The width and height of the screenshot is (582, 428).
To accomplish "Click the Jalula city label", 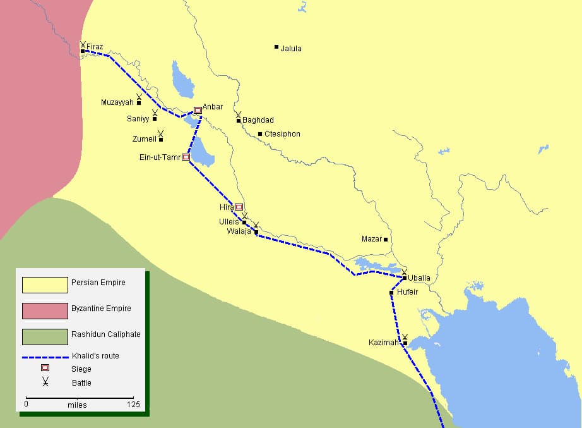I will click(291, 49).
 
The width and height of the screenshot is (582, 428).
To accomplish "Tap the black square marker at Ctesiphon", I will click(260, 134).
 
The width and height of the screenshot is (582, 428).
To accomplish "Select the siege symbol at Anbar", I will click(198, 110).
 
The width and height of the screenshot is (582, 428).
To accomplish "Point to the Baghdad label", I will click(258, 120).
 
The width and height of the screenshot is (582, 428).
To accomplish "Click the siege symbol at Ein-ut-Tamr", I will click(186, 157).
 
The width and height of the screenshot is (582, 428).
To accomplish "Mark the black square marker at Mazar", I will click(386, 239).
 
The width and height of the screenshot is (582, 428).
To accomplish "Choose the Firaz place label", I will click(95, 47).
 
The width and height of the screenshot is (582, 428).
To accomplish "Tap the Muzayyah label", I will click(117, 102).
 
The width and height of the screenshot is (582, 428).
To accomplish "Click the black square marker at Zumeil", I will click(161, 139).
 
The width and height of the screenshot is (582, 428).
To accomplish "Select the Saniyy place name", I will click(138, 118).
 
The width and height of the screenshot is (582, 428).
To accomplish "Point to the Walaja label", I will click(239, 231).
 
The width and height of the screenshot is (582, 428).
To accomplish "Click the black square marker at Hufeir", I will click(392, 292).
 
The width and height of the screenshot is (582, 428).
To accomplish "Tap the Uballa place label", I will click(419, 278).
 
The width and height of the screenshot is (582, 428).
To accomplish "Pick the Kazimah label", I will click(384, 343).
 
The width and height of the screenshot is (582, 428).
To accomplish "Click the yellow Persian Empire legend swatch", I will click(45, 285).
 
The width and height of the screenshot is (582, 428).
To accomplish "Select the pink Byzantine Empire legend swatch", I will click(45, 311).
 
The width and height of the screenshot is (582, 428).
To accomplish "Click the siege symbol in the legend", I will click(45, 369).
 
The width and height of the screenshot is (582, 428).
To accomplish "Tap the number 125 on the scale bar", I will click(133, 405).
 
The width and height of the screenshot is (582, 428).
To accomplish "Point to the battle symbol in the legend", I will click(45, 381).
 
